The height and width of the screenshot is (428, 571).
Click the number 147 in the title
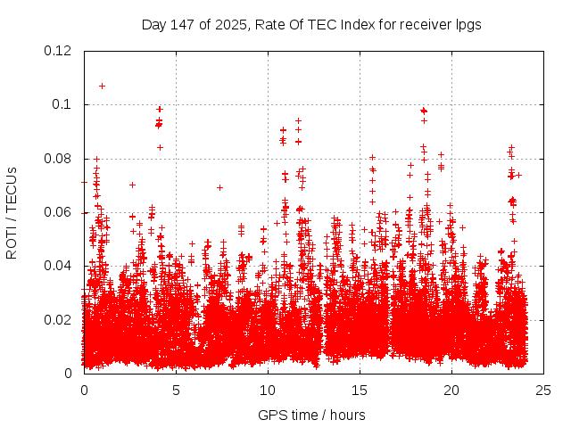click(x=183, y=25)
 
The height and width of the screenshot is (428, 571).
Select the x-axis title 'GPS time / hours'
click(x=311, y=415)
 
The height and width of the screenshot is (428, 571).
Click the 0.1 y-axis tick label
click(x=62, y=104)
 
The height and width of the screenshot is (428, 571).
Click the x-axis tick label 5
click(x=176, y=390)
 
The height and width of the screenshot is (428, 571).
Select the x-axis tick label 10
click(x=268, y=390)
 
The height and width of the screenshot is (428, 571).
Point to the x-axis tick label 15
click(x=360, y=390)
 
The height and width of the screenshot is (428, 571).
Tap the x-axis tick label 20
click(x=451, y=390)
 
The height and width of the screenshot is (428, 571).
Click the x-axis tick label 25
click(x=543, y=390)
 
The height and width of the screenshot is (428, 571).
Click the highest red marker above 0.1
click(x=102, y=86)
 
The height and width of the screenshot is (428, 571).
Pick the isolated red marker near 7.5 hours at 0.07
click(x=219, y=187)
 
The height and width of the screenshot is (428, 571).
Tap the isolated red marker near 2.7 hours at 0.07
click(x=132, y=185)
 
